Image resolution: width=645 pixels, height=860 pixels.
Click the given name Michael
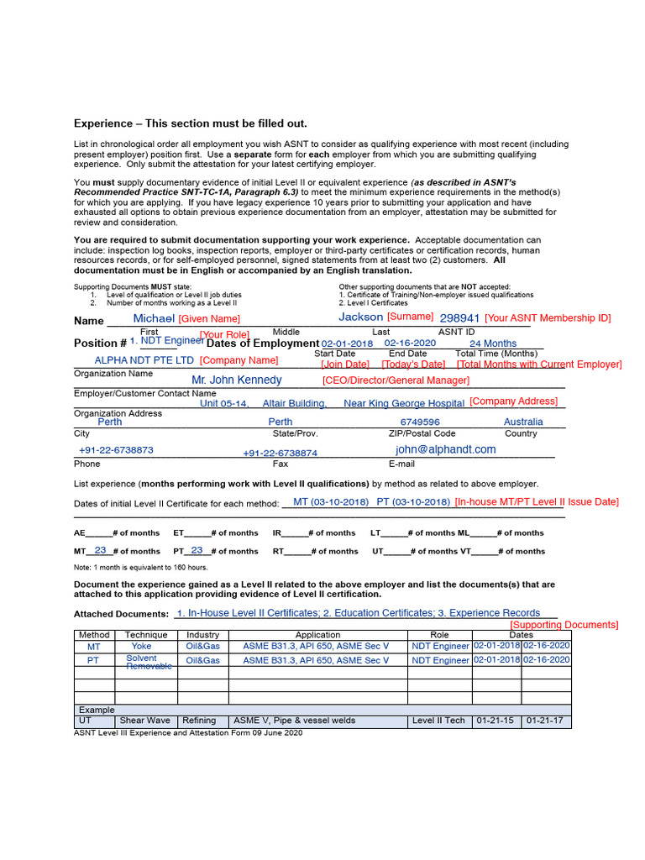coord(154,318)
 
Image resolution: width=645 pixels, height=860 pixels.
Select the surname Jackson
coord(360,317)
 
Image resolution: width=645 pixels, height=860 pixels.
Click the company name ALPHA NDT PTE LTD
coord(144,359)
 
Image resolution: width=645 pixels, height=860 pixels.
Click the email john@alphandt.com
coord(446,449)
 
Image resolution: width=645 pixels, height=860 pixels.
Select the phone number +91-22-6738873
coord(116,450)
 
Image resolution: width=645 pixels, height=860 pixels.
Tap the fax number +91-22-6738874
coord(280,453)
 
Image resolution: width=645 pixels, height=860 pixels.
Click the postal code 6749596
coord(420,422)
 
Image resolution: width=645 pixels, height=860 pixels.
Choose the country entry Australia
coord(523,422)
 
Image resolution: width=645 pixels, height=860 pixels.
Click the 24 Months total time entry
coord(492,343)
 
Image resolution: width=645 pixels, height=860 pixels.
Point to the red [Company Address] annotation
coord(513,401)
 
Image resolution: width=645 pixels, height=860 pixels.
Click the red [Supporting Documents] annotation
coord(564,625)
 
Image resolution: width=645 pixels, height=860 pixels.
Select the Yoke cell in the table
coord(141,646)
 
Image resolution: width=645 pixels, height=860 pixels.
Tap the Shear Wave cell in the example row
coord(144,721)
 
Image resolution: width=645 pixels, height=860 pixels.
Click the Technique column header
coord(146,635)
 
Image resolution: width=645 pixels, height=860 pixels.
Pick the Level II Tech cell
coord(438,721)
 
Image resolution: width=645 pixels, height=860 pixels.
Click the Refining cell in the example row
coord(201,721)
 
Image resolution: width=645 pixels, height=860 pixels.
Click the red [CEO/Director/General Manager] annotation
coord(396,380)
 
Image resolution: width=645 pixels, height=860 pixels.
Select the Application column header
coord(317,635)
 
